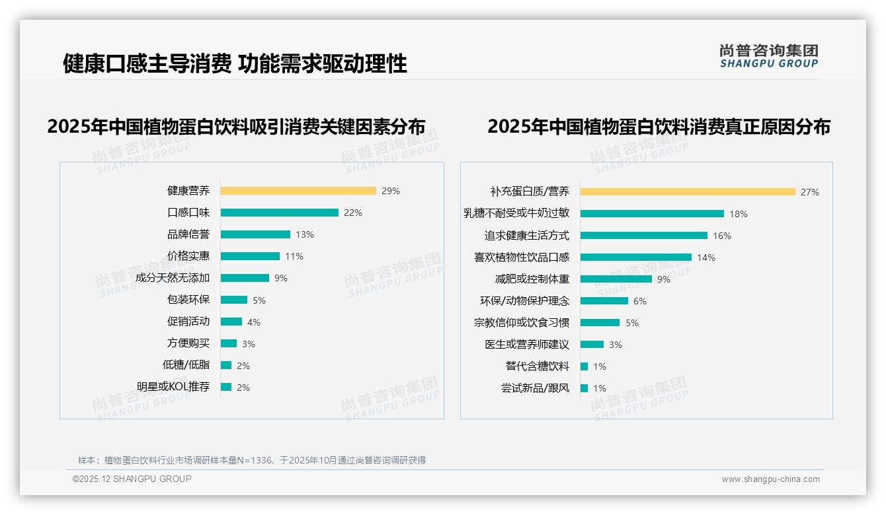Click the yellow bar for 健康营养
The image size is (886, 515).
[x=298, y=191]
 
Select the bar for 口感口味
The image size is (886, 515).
[x=279, y=213]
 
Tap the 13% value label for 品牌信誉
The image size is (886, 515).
[x=305, y=234]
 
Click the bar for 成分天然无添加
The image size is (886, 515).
[x=245, y=278]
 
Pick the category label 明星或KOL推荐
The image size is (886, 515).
[x=173, y=387]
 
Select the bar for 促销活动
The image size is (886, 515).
[x=231, y=322]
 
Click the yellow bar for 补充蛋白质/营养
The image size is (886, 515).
[x=688, y=192]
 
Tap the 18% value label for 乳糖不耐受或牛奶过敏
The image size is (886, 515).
[x=739, y=214]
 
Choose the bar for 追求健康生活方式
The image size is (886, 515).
[x=644, y=236]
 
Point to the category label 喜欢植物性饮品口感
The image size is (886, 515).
[x=522, y=257]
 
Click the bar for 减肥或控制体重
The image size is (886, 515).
[x=616, y=279]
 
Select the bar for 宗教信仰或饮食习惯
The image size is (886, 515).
[x=600, y=323]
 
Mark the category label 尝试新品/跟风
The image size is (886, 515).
[x=535, y=388]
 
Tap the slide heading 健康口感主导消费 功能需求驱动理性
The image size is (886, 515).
[x=235, y=63]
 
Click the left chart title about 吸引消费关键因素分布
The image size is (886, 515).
[x=236, y=127]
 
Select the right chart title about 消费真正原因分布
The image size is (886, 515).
[x=659, y=127]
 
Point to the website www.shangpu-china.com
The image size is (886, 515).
[x=770, y=479]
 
